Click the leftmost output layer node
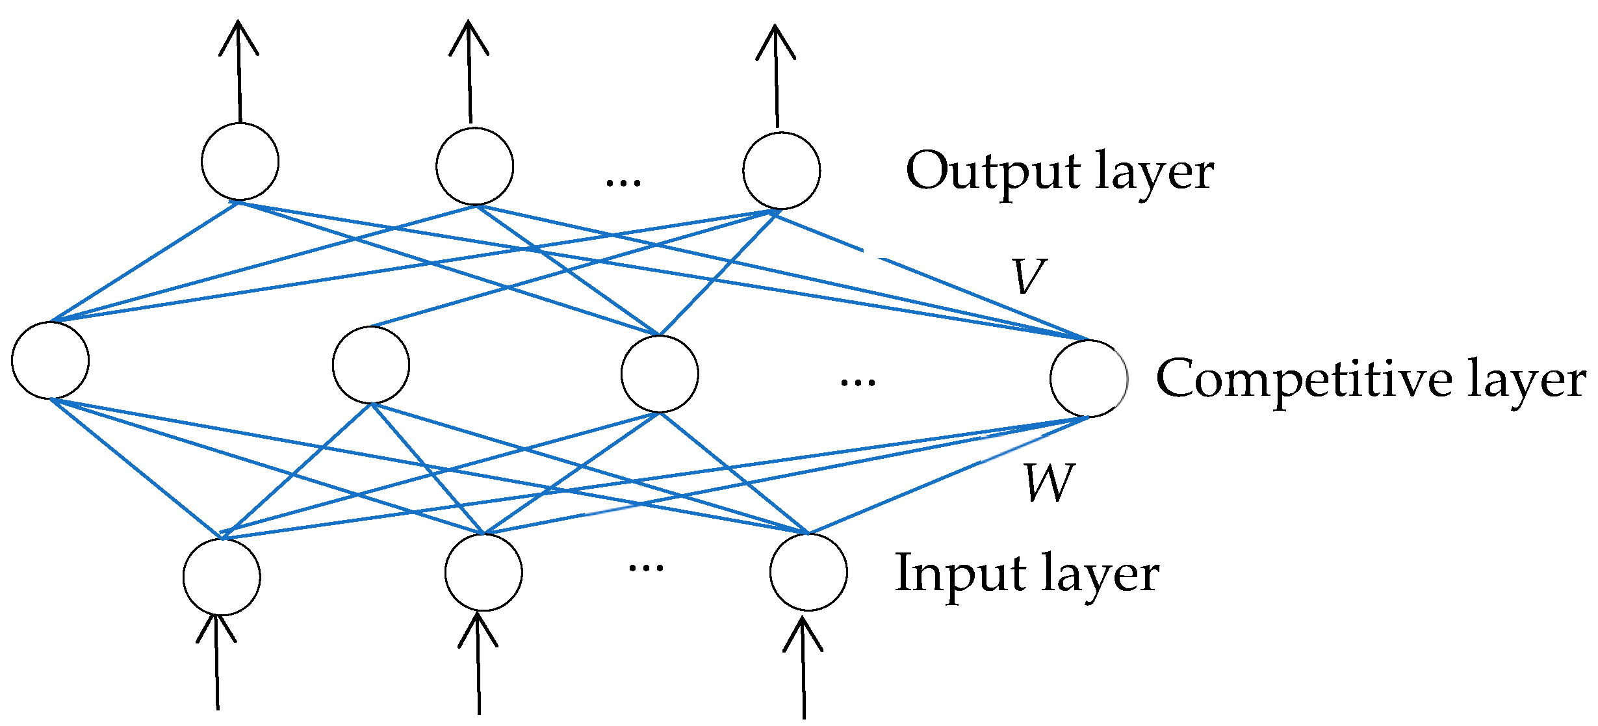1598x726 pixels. pos(240,161)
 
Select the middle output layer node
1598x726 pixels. pos(474,166)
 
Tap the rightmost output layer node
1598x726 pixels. pos(781,170)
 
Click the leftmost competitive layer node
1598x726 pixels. pos(50,360)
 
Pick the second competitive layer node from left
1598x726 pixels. pos(370,365)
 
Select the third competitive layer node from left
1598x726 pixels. pos(660,374)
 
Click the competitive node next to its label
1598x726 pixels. pos(1089,378)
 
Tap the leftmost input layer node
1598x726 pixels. pos(222,577)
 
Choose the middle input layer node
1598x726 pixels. pos(483,573)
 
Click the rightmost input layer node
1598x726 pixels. pos(808,572)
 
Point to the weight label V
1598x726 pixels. pos(1028,276)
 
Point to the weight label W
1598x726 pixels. pos(1048,483)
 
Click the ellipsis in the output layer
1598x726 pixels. pos(623,182)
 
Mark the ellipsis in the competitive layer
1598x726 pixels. pos(858,382)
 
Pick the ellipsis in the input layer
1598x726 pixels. pos(646,567)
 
